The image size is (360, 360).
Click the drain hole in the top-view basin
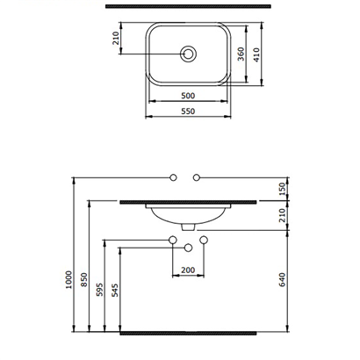188,54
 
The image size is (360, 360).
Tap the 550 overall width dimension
187,112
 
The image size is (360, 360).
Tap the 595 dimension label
101,292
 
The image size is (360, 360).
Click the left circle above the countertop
174,180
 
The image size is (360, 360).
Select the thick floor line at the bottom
187,335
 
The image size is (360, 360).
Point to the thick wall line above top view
187,7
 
